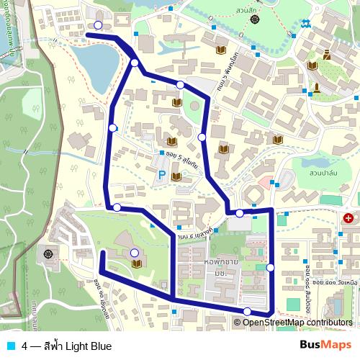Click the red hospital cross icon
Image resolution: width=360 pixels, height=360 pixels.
tap(348, 217)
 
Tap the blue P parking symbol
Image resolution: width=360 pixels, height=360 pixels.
tap(162, 175)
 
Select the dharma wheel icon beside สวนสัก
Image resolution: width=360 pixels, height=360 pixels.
tap(256, 19)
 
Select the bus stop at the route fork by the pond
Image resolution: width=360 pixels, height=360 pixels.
tap(135, 63)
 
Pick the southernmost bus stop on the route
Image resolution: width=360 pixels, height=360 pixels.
tap(247, 311)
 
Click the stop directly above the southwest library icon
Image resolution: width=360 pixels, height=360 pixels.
tap(135, 252)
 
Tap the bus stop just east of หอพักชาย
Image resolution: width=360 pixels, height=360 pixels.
tap(270, 267)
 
